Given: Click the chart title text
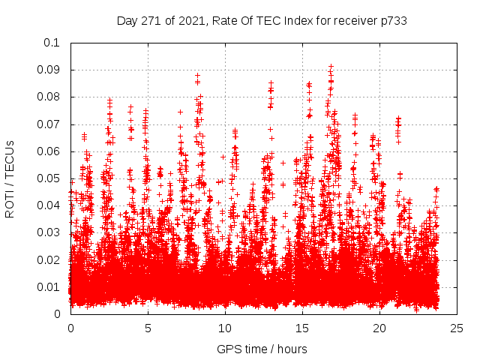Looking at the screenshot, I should pos(262,20).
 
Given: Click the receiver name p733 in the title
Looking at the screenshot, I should pos(392,20).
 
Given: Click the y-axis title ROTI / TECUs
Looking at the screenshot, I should pos(10,178).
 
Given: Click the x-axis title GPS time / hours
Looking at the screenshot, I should pos(262,349).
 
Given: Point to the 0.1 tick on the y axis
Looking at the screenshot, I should pos(52,43).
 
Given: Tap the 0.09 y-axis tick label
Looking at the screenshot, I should pos(49,70).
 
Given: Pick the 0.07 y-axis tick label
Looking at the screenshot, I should pos(49,124).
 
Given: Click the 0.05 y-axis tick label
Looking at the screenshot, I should pos(49,178).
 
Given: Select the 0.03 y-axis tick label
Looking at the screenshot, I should pos(49,232).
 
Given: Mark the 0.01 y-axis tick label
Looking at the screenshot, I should pos(49,286).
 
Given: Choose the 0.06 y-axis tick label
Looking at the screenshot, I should pos(49,151).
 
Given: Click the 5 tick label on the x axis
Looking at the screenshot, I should pos(148,328).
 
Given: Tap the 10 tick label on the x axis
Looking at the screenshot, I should pos(225,328).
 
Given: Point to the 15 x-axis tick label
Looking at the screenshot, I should pos(302,328).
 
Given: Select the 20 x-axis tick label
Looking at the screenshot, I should pos(379,328).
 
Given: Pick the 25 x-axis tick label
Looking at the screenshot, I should pos(457,328).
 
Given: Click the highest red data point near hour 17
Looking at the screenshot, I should pos(331,66).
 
